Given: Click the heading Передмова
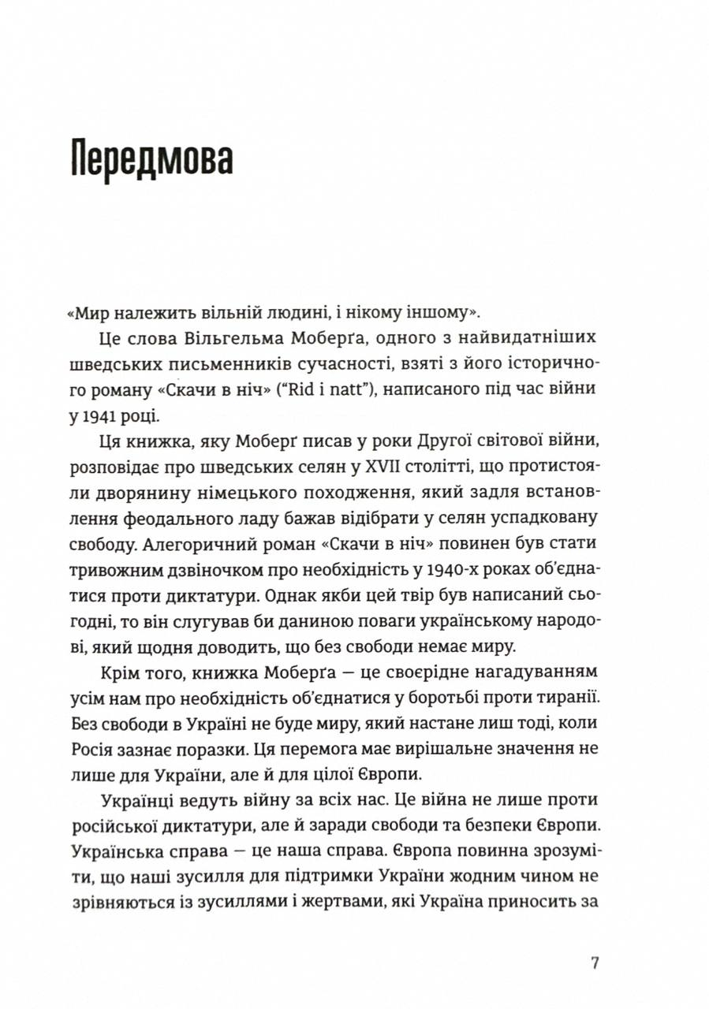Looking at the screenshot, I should pyautogui.click(x=151, y=158).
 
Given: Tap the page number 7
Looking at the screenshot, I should pyautogui.click(x=595, y=963).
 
